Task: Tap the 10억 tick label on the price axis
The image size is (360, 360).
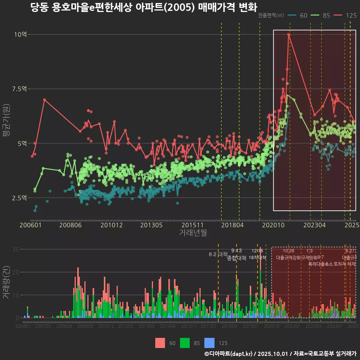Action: pos(21,34)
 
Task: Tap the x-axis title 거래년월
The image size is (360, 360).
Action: pos(193,233)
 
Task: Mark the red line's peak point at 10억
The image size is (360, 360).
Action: pos(289,34)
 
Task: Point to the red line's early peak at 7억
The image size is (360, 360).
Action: pos(44,100)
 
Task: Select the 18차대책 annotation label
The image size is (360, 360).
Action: pos(257,258)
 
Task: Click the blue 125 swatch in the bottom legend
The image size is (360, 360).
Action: pos(210,343)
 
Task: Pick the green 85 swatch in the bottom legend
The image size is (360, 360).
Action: pos(185,343)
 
